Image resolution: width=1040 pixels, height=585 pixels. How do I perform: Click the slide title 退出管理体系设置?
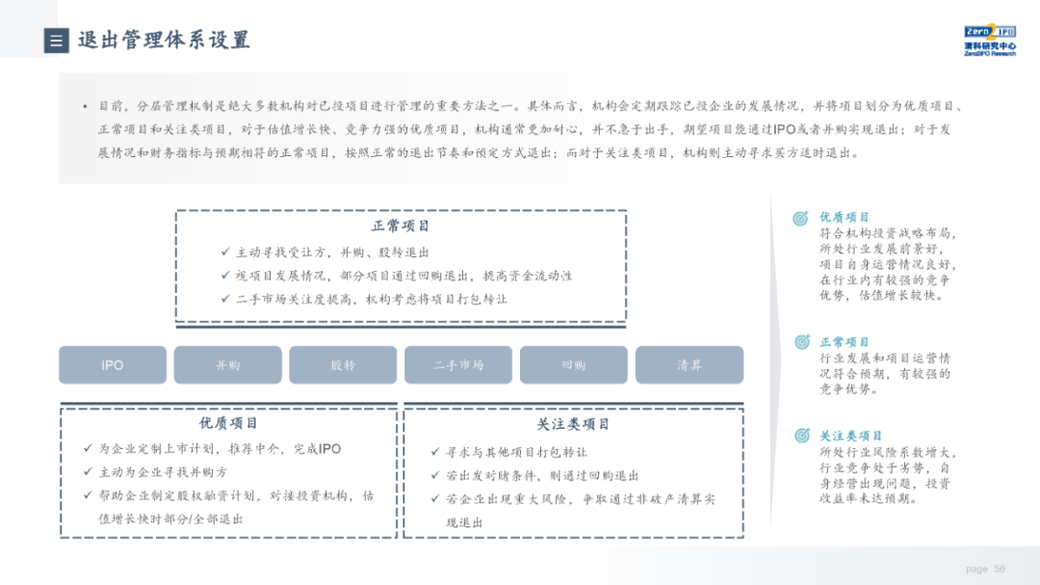[x=164, y=40]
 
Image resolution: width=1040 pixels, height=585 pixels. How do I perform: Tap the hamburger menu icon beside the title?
[x=56, y=40]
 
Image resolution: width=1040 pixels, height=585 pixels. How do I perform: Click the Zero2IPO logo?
[x=989, y=40]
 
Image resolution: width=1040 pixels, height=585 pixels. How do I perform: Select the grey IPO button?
[x=113, y=365]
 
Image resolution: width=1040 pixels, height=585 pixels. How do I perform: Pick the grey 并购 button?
[x=228, y=365]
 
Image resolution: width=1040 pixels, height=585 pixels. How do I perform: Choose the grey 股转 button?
[x=343, y=365]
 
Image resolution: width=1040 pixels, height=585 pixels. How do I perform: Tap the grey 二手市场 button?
[x=458, y=365]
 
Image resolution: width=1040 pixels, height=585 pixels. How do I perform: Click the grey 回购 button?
[x=574, y=365]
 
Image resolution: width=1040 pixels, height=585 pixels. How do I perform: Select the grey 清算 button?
[x=689, y=365]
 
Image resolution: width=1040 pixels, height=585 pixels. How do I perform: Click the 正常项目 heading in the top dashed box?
[x=401, y=226]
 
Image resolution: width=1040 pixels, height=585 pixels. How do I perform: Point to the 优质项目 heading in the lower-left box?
[x=228, y=423]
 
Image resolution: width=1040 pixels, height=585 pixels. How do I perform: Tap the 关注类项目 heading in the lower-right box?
[x=573, y=424]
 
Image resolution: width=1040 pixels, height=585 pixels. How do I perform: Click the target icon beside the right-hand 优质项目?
[x=801, y=219]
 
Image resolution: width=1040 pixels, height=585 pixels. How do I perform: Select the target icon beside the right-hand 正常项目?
[x=801, y=342]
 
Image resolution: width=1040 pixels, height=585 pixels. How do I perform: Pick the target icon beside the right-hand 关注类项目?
[x=801, y=436]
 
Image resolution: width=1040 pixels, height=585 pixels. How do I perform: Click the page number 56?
[x=1000, y=569]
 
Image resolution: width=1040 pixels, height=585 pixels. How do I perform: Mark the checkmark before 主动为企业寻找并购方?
[x=89, y=472]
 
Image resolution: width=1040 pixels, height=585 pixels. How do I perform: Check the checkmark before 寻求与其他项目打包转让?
[x=435, y=452]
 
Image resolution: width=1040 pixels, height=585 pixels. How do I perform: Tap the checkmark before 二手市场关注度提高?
[x=225, y=299]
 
